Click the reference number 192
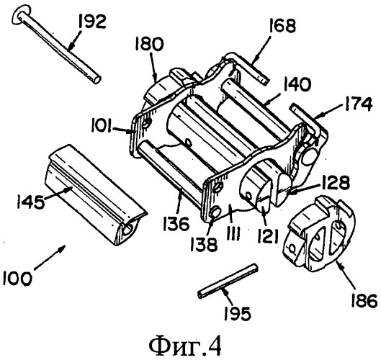tap(92, 22)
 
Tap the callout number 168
tap(282, 26)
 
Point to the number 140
tap(297, 85)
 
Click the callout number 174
tap(358, 104)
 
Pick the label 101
tap(102, 127)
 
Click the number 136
tap(176, 224)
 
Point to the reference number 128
tap(336, 182)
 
